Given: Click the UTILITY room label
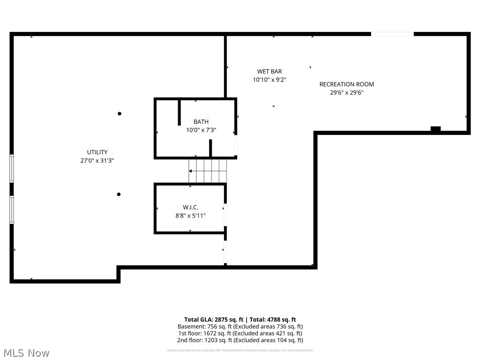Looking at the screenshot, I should (x=97, y=152).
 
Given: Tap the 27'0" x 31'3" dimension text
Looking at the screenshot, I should (x=97, y=160).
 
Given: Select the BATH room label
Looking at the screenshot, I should (x=201, y=122).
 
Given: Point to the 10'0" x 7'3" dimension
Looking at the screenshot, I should (x=201, y=130).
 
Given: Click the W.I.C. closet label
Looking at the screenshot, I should (x=190, y=207).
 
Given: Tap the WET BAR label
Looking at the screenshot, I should (x=270, y=71).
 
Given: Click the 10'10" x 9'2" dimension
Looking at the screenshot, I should (x=270, y=80).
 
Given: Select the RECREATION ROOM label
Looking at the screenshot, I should (x=346, y=84).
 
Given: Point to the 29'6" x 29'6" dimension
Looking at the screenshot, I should (x=346, y=93).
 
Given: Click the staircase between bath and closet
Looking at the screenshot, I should (x=208, y=171).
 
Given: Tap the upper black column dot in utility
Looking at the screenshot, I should (x=120, y=113).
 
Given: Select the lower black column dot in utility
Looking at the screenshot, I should (x=119, y=195).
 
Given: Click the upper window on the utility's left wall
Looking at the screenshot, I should (x=12, y=168).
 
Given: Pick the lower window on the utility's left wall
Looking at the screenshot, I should (x=12, y=210).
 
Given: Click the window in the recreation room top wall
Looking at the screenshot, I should (x=392, y=34).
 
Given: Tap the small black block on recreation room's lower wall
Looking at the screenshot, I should (x=435, y=129).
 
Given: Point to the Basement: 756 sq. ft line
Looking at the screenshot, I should (x=240, y=326).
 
